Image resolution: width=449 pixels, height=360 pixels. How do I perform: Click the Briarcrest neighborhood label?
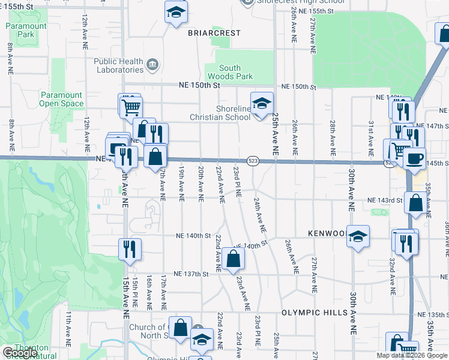[214, 32]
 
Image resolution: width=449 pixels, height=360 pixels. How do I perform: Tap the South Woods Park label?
[230, 73]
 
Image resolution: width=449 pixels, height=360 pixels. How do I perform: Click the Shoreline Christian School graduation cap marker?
[261, 103]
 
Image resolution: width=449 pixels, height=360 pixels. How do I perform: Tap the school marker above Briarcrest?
[175, 11]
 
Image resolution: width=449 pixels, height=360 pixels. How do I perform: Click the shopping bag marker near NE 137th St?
[234, 259]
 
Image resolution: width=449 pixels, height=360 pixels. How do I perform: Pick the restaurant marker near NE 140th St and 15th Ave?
[129, 249]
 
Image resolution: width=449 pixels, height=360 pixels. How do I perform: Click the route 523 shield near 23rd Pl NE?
[253, 161]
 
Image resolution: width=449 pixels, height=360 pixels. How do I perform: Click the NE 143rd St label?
[385, 200]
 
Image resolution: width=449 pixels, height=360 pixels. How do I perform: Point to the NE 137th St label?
[190, 274]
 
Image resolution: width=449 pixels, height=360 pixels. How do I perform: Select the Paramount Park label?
[26, 30]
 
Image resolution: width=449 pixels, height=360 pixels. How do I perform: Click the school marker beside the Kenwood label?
[358, 236]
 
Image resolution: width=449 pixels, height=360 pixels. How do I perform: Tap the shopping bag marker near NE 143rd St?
[415, 203]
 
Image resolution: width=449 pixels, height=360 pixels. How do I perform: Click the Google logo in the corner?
[19, 353]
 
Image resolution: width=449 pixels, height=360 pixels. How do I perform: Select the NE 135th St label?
[434, 314]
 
